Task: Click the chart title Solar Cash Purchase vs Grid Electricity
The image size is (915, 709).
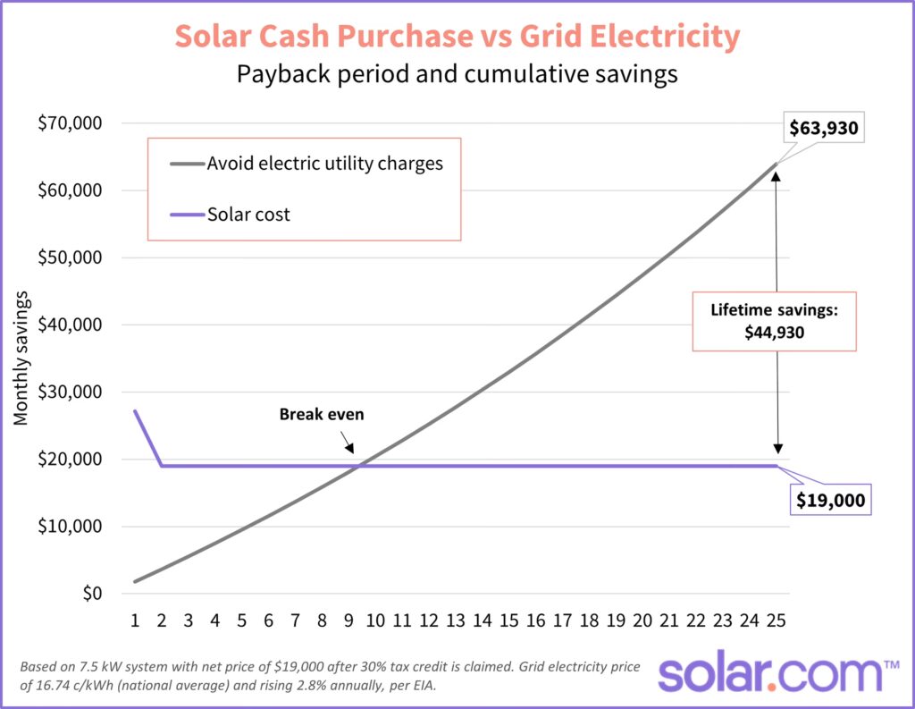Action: click(x=457, y=37)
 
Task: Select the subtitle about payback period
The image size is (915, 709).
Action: click(x=457, y=74)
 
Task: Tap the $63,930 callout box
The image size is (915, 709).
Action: click(x=823, y=128)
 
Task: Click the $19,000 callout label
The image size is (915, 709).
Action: click(x=831, y=500)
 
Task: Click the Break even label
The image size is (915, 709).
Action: click(x=322, y=414)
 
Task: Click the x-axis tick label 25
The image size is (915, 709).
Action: click(x=776, y=620)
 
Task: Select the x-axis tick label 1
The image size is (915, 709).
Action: click(x=135, y=620)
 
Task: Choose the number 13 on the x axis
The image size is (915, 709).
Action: click(x=456, y=620)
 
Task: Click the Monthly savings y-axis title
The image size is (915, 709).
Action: click(x=21, y=358)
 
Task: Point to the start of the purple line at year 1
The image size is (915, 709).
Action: click(x=135, y=411)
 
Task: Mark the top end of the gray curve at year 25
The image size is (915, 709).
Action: click(x=776, y=164)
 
